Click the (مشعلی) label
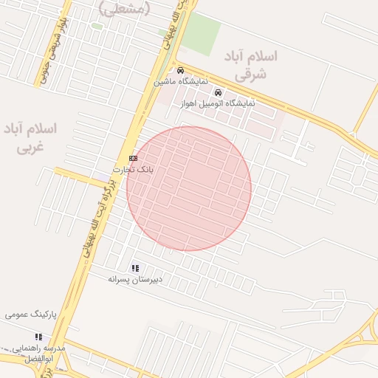[x=124, y=8]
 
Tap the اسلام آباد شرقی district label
[x=254, y=65]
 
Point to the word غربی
[x=30, y=146]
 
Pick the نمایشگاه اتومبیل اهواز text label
[x=218, y=103]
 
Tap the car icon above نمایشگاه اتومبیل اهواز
[x=218, y=93]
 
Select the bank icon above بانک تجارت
[x=133, y=158]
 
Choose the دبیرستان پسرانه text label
[x=135, y=279]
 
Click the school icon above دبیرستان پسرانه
[x=135, y=268]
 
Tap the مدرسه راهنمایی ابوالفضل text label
[x=38, y=352]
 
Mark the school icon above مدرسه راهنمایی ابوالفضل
[x=38, y=337]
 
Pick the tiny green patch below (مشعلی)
[x=97, y=27]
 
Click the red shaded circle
[x=189, y=188]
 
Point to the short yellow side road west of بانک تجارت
[x=81, y=177]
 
